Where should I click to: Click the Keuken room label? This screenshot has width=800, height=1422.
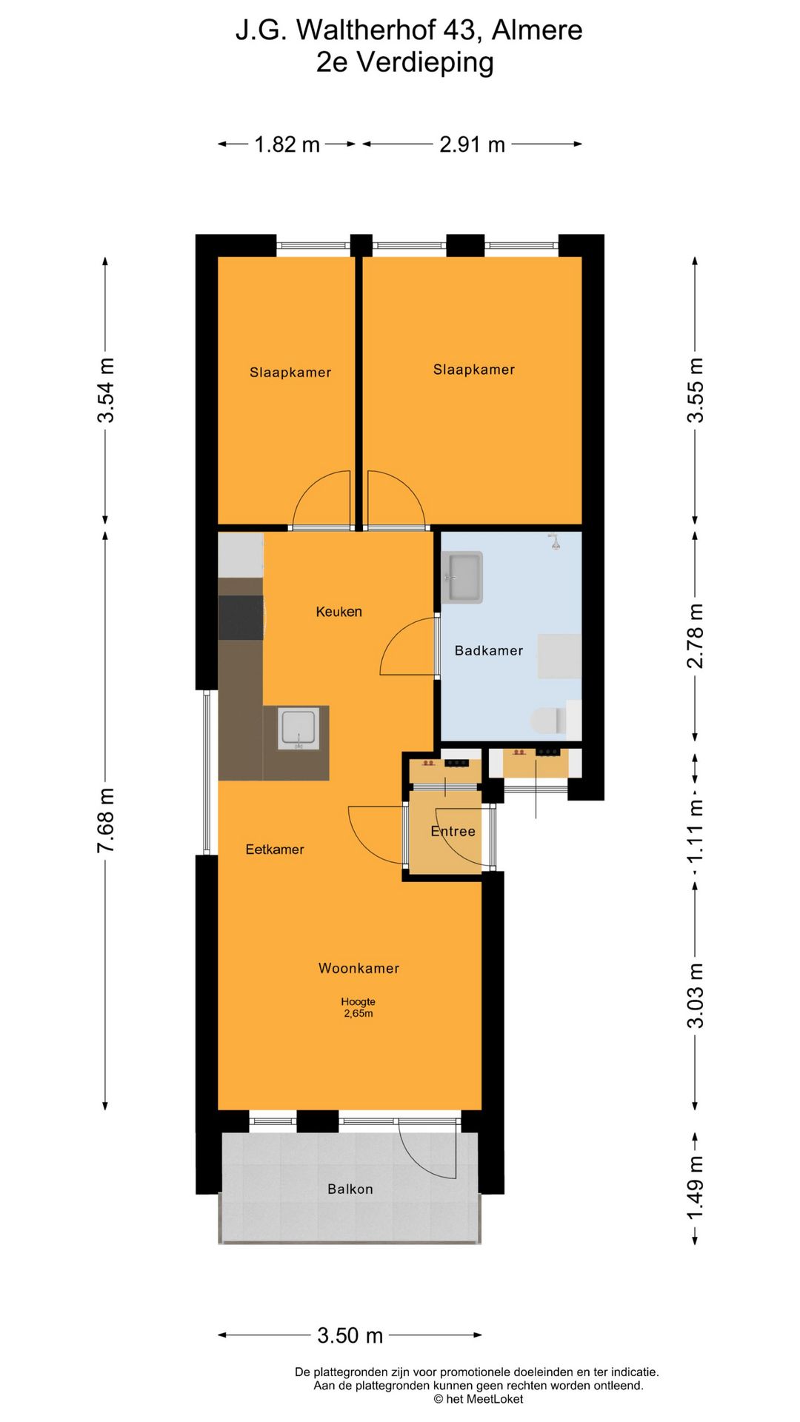[x=339, y=612]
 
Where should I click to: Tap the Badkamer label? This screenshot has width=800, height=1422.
[x=489, y=650]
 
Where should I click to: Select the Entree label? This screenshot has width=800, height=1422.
[x=453, y=831]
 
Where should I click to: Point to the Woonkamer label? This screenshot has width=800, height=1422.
[x=359, y=968]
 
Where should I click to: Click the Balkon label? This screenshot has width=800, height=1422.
[x=350, y=1189]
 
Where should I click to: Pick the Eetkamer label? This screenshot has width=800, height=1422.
[x=275, y=849]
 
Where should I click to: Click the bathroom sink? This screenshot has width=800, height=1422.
[x=462, y=577]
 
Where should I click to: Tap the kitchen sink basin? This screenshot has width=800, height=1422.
[x=299, y=728]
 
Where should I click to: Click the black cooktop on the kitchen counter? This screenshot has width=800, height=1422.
[x=241, y=617]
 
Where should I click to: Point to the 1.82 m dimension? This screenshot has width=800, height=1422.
[x=287, y=144]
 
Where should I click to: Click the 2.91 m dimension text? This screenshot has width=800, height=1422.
[x=473, y=144]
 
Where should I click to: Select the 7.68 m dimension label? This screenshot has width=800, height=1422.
[x=106, y=820]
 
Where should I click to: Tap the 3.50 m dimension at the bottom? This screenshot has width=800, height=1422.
[x=350, y=1335]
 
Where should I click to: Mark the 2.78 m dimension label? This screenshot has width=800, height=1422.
[x=695, y=635]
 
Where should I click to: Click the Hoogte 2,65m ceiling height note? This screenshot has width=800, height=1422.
[x=359, y=1007]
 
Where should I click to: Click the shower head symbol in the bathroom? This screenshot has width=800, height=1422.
[x=554, y=542]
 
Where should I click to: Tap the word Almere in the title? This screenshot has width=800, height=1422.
[x=537, y=30]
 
